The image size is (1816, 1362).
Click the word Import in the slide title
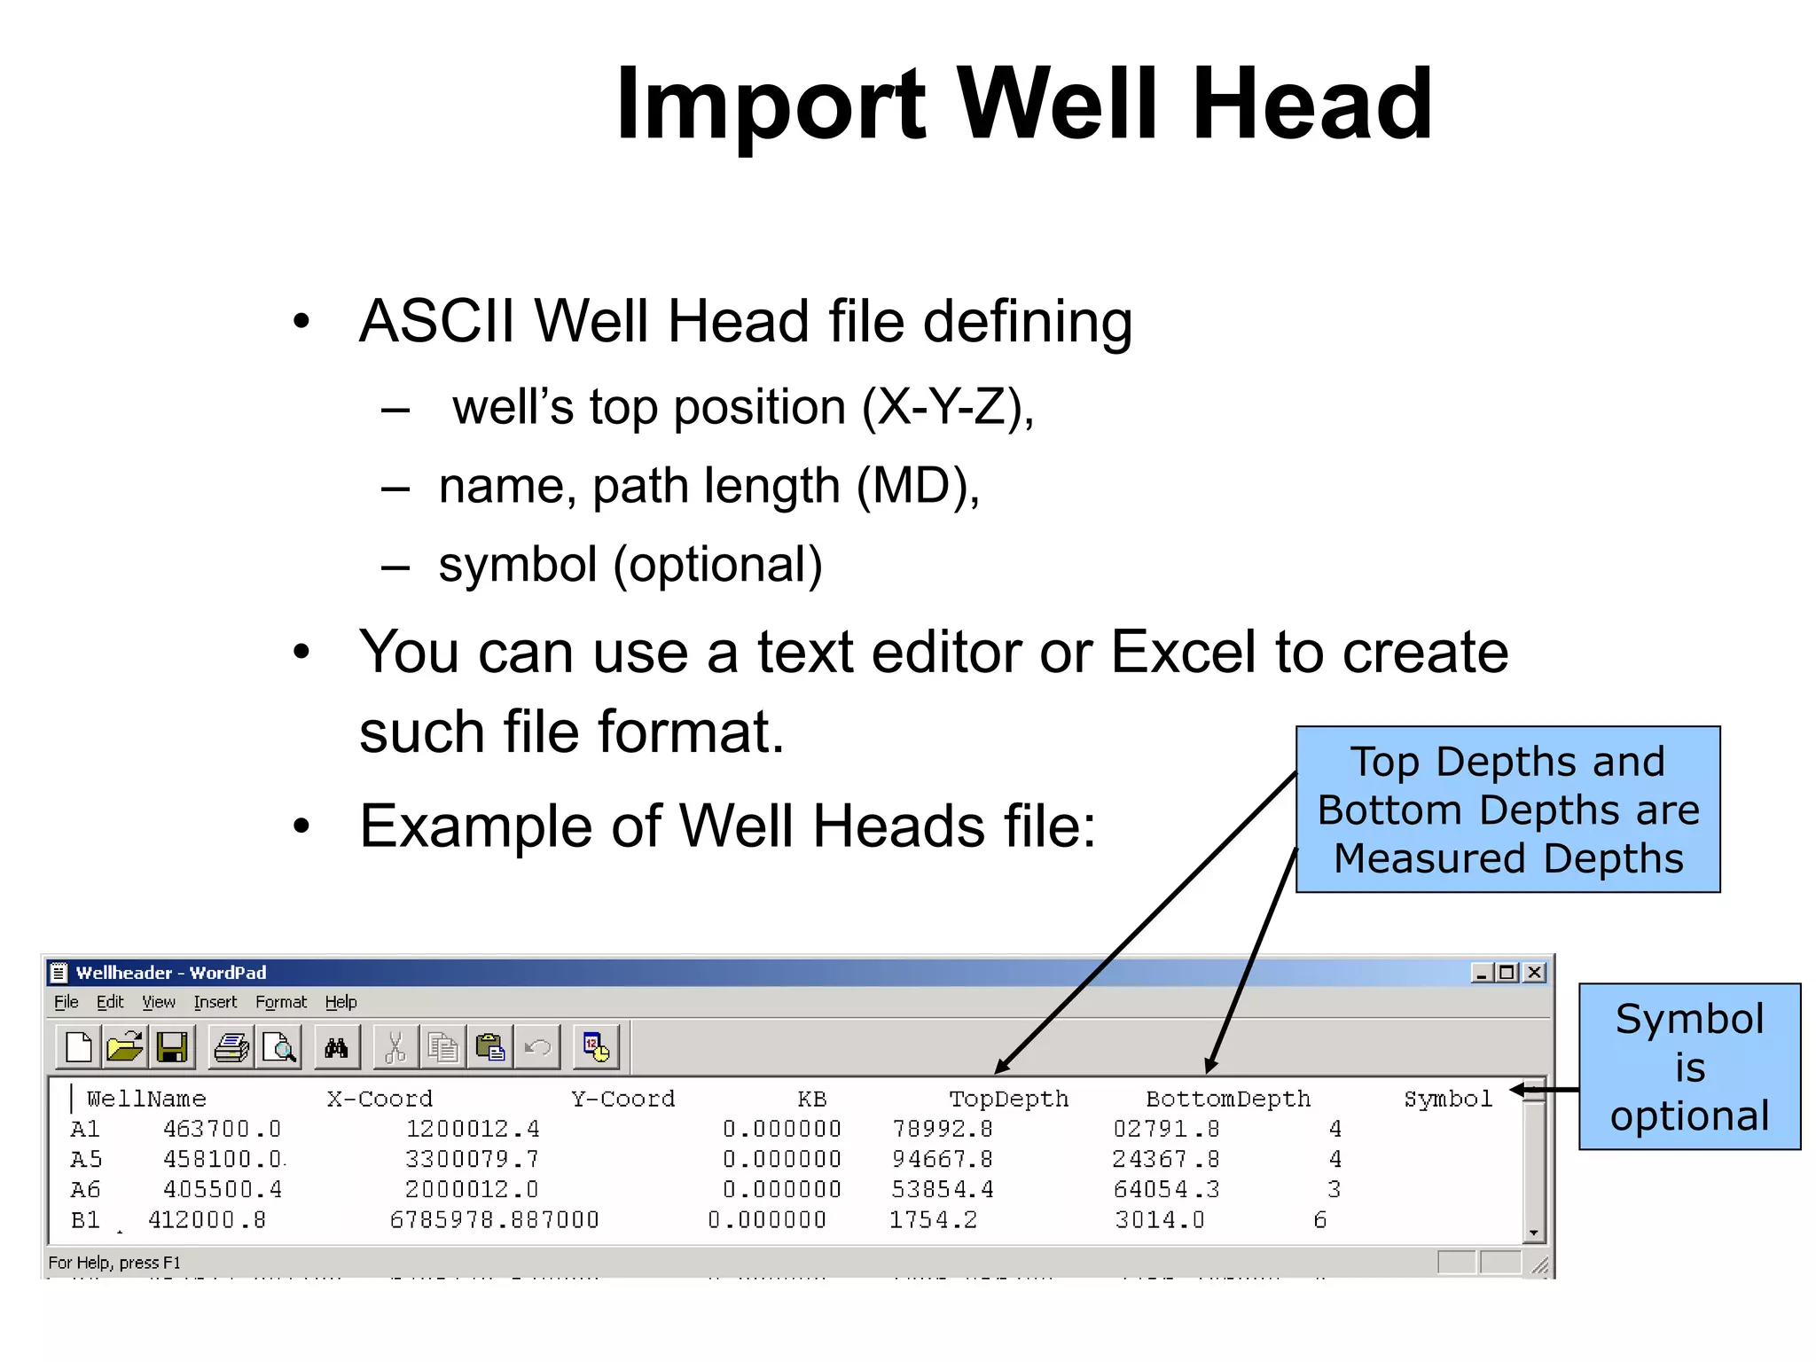tap(770, 105)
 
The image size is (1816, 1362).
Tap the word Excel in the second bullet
tap(1183, 653)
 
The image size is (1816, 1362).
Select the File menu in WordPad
tap(66, 1002)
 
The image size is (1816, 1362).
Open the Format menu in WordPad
tap(280, 1002)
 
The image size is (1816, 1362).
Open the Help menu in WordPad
tap(340, 1002)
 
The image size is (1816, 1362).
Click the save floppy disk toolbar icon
tap(171, 1047)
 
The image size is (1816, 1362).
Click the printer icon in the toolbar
tap(231, 1047)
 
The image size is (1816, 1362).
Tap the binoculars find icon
tap(336, 1048)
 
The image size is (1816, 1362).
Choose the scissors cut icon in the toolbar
tap(395, 1048)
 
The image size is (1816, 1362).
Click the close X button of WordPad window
tap(1534, 973)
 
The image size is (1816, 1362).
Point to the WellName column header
tap(146, 1100)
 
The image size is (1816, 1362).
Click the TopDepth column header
tap(1008, 1100)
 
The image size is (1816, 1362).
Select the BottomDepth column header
tap(1228, 1100)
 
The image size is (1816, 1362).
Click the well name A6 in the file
tap(86, 1189)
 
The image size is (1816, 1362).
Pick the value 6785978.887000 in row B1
tap(494, 1220)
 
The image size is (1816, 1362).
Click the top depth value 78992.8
tap(942, 1129)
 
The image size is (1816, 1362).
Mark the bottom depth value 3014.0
tap(1160, 1220)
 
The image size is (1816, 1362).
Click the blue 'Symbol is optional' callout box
tap(1689, 1067)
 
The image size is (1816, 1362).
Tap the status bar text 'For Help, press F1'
tap(114, 1263)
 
